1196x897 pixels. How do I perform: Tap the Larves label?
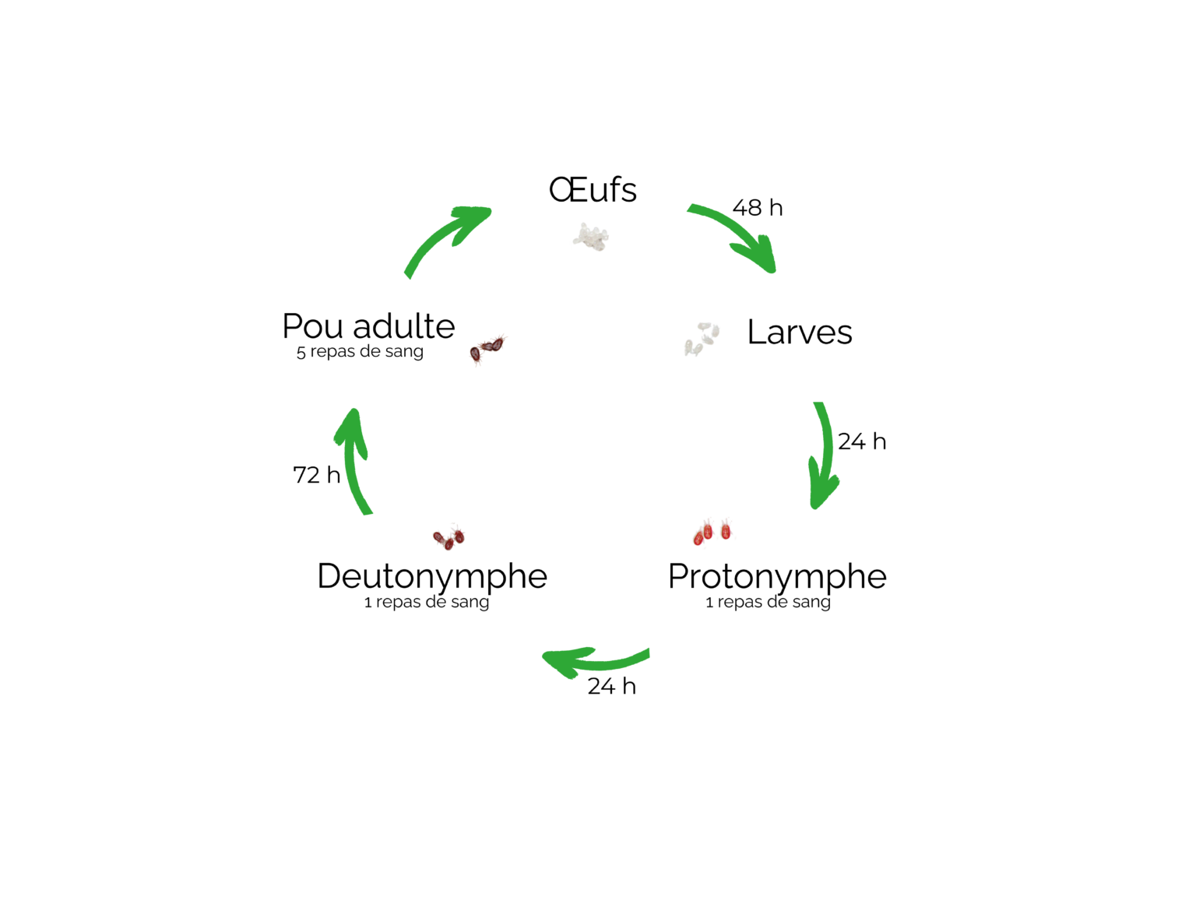pyautogui.click(x=800, y=332)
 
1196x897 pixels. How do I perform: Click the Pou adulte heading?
pyautogui.click(x=368, y=326)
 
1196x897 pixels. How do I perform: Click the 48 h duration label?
pyautogui.click(x=758, y=208)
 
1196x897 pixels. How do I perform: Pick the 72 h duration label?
pyautogui.click(x=317, y=475)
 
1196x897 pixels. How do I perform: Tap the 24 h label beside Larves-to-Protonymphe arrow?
pyautogui.click(x=862, y=441)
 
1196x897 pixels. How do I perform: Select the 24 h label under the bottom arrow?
pyautogui.click(x=611, y=686)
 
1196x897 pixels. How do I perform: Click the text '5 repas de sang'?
pyautogui.click(x=360, y=352)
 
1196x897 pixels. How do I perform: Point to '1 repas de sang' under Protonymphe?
pyautogui.click(x=768, y=603)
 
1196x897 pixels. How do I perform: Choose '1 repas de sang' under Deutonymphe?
pyautogui.click(x=427, y=603)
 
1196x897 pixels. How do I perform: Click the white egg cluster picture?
pyautogui.click(x=591, y=237)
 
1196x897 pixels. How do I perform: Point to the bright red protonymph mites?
pyautogui.click(x=712, y=532)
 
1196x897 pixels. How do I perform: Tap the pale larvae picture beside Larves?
pyautogui.click(x=702, y=339)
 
